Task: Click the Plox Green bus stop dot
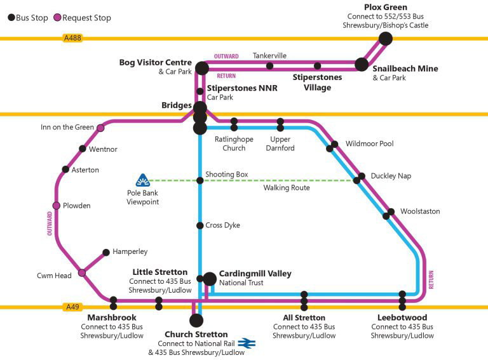coord(385,39)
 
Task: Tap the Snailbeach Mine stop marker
coord(362,64)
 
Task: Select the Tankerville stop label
coord(269,55)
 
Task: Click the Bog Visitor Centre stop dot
coord(202,68)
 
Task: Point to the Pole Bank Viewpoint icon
coord(142,180)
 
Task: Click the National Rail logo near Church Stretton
coord(247,343)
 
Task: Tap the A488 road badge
coord(72,39)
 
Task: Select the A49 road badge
coord(73,307)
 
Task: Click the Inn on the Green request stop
coord(100,128)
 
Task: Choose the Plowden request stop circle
coord(57,206)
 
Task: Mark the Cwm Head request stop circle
coord(82,273)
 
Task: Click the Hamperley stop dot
coord(106,252)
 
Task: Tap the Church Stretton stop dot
coord(196,320)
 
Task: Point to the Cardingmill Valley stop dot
coord(210,278)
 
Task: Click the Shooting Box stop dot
coord(200,180)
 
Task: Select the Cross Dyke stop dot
coord(200,225)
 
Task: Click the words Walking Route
coord(287,188)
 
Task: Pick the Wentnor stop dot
coord(83,149)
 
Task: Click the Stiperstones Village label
coord(317,83)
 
